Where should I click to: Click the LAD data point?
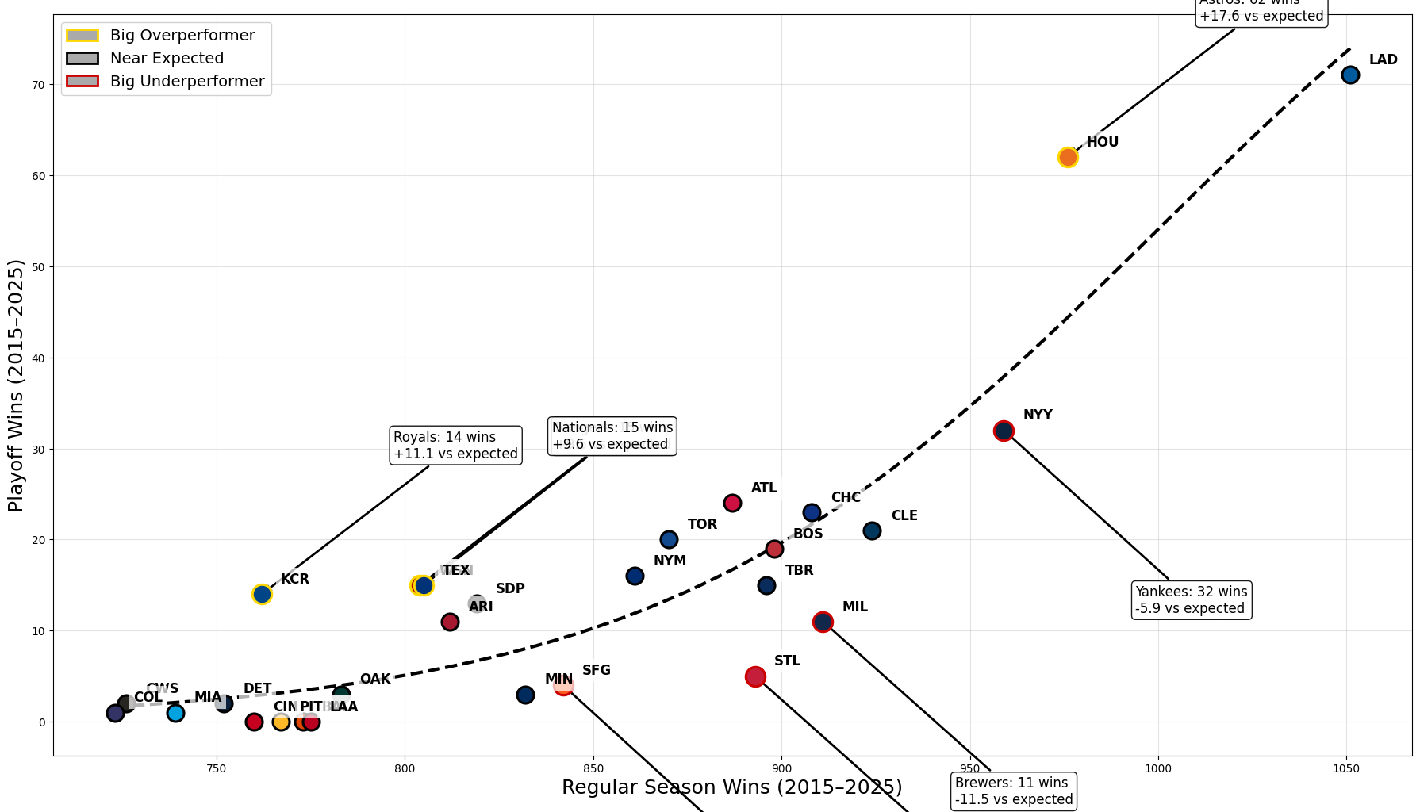pyautogui.click(x=1350, y=75)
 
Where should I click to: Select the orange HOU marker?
pyautogui.click(x=1068, y=157)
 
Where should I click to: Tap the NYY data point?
pyautogui.click(x=1004, y=431)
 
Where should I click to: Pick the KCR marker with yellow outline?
pyautogui.click(x=262, y=594)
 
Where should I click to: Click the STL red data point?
pyautogui.click(x=755, y=676)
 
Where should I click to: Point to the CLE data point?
pyautogui.click(x=872, y=530)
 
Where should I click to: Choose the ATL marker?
pyautogui.click(x=732, y=503)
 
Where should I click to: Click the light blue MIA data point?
pyautogui.click(x=175, y=713)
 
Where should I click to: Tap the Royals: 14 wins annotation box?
pyautogui.click(x=455, y=446)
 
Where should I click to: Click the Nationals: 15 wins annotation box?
pyautogui.click(x=612, y=436)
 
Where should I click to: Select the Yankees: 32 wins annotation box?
pyautogui.click(x=1191, y=600)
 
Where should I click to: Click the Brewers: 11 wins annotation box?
pyautogui.click(x=1013, y=791)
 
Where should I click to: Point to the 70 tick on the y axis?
pyautogui.click(x=38, y=85)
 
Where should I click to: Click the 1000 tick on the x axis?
pyautogui.click(x=1158, y=768)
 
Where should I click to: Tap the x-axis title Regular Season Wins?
pyautogui.click(x=731, y=787)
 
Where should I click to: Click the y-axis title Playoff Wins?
pyautogui.click(x=16, y=385)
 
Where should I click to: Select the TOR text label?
pyautogui.click(x=702, y=524)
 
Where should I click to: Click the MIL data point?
pyautogui.click(x=823, y=622)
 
